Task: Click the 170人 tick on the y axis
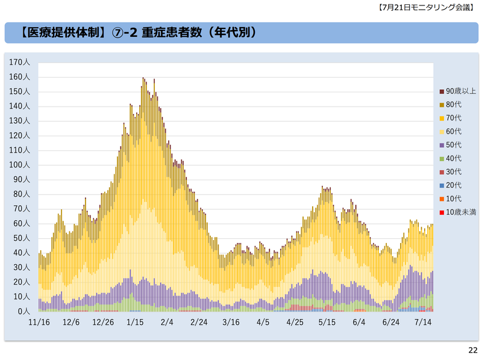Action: [x=20, y=62]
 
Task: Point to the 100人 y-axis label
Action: [x=20, y=165]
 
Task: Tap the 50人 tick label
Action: [x=22, y=238]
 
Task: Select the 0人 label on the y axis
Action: [x=24, y=311]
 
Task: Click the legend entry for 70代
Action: [x=454, y=118]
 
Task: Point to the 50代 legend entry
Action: [x=454, y=145]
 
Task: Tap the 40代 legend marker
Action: [x=442, y=159]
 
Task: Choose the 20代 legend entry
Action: [x=454, y=185]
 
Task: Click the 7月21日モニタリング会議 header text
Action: [x=430, y=8]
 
